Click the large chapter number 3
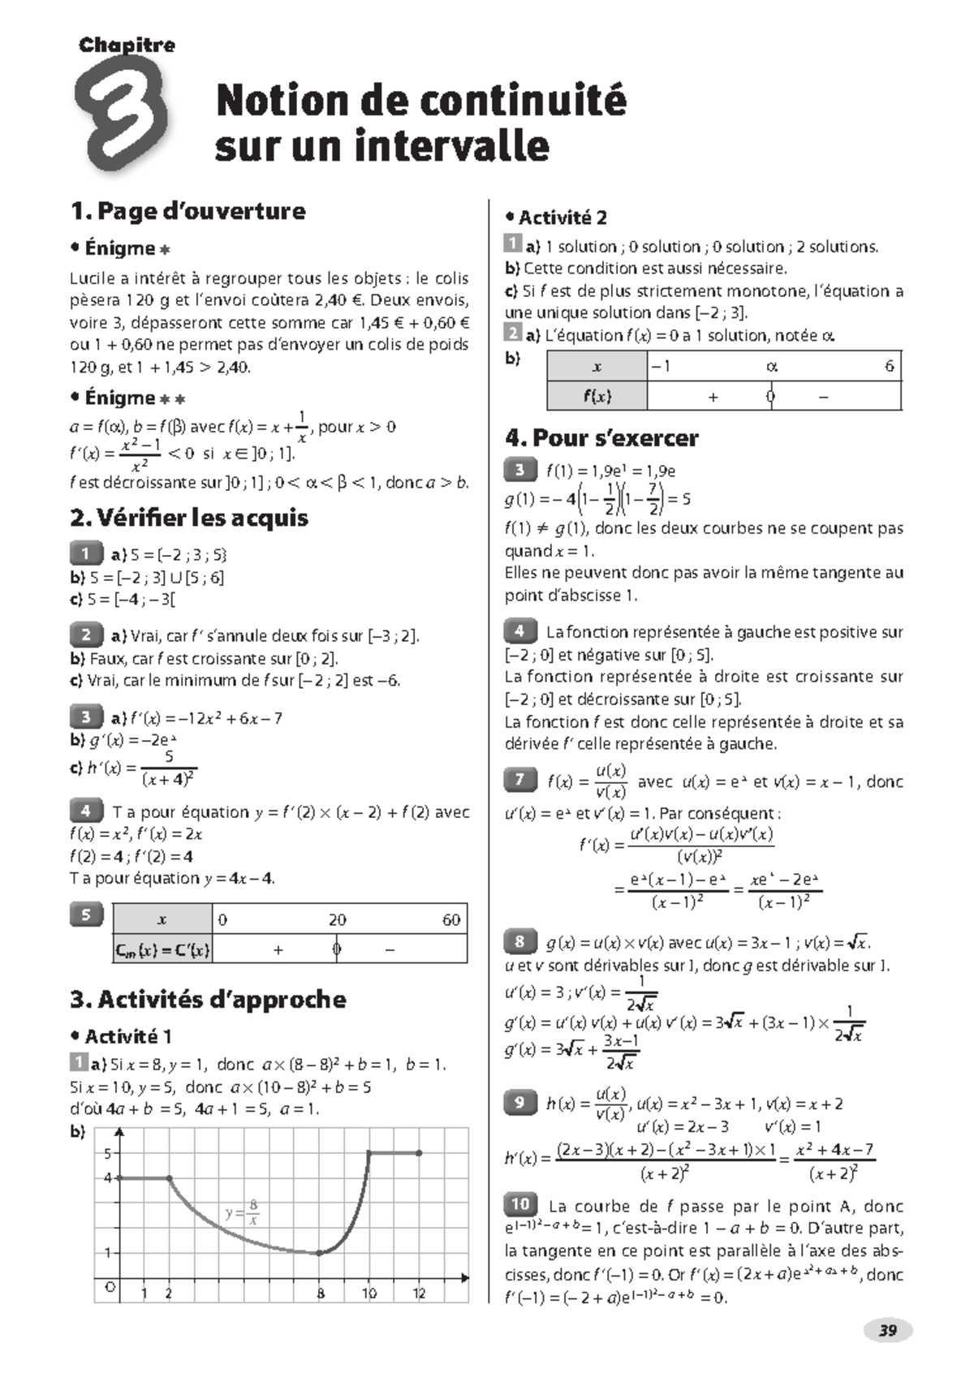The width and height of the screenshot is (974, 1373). (x=122, y=114)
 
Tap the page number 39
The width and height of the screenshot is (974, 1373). (x=888, y=1330)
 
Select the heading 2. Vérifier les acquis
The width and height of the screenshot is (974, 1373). (x=189, y=518)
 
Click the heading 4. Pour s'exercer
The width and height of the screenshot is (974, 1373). (x=601, y=438)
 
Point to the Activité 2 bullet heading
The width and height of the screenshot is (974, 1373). (x=556, y=217)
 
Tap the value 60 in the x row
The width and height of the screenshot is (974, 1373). (x=451, y=919)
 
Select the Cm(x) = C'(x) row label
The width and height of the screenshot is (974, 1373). (x=162, y=949)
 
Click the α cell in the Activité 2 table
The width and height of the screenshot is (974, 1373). (x=772, y=367)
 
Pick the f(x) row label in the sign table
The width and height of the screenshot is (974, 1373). (x=597, y=397)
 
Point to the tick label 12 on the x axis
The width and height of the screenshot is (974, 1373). (x=419, y=1293)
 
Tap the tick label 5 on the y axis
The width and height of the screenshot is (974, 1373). (x=108, y=1153)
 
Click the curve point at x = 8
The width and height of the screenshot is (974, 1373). (x=320, y=1253)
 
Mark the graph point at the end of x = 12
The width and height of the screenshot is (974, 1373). (x=419, y=1152)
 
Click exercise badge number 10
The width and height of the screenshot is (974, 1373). (x=520, y=1204)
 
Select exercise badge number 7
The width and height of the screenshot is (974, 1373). (x=520, y=780)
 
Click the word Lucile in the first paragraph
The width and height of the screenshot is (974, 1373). (x=92, y=278)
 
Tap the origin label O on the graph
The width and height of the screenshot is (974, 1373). (x=110, y=1287)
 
